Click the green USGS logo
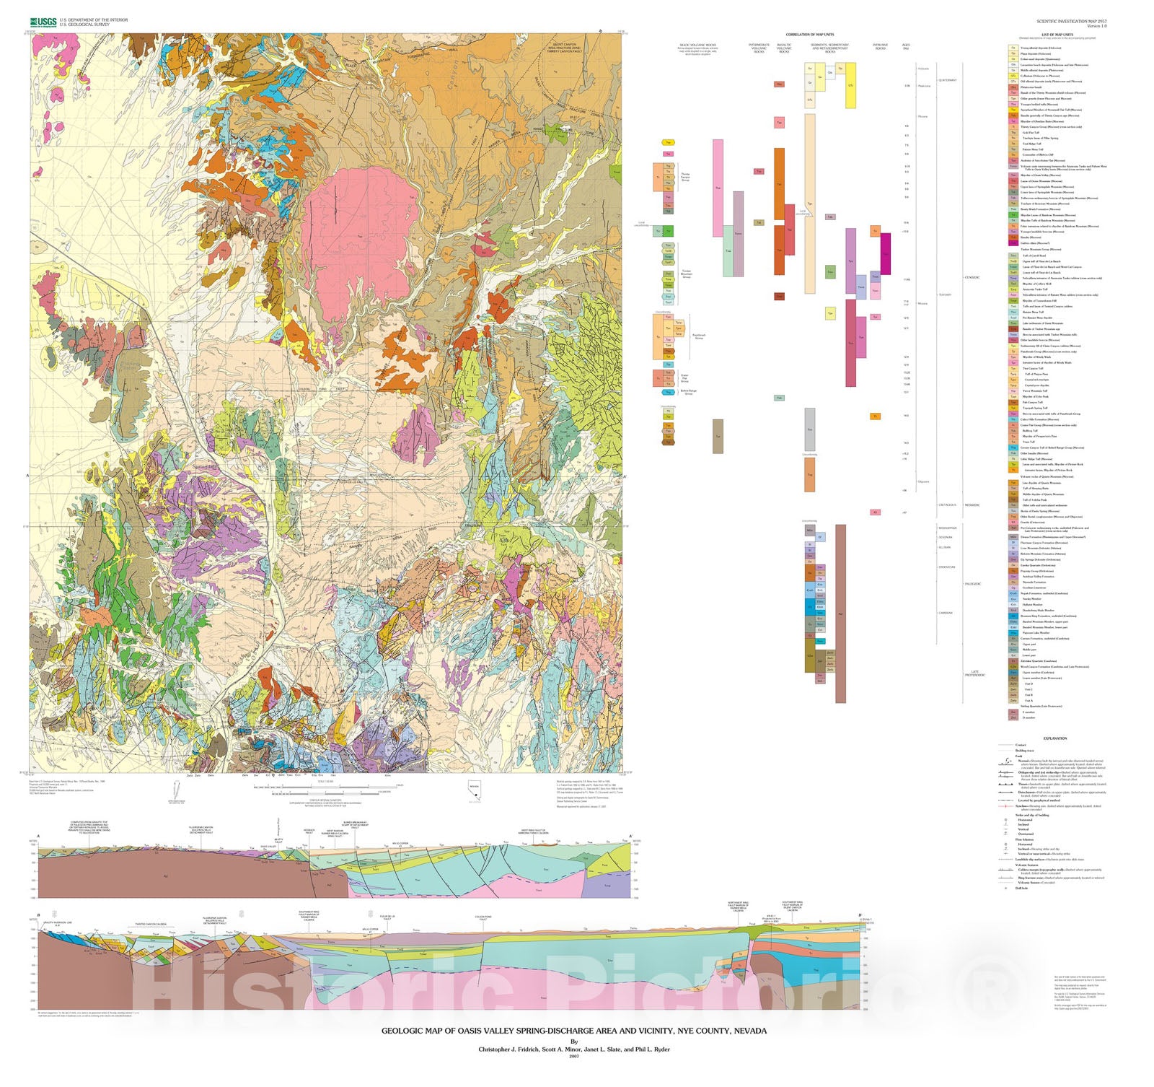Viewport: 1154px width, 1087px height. coord(43,22)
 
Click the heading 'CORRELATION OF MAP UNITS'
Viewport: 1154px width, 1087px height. coord(809,35)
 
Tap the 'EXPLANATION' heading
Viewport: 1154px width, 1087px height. coord(1054,738)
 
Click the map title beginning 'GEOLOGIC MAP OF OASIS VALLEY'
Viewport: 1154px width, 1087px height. coord(573,1031)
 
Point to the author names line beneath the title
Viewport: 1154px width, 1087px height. coord(573,1049)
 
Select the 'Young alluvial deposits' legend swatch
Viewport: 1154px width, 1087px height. coord(1013,48)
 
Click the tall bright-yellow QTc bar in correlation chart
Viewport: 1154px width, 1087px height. coord(850,85)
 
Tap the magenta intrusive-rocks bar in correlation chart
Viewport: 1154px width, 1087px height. coord(885,253)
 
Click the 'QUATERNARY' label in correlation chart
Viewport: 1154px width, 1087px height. coord(947,80)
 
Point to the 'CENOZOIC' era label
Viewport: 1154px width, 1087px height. coord(972,278)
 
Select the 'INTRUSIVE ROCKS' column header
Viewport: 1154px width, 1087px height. coord(880,47)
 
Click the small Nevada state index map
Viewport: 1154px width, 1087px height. coord(474,788)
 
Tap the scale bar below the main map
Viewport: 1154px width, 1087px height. coord(339,787)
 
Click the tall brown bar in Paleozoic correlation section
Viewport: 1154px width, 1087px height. coord(840,614)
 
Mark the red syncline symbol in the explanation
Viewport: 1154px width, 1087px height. coord(1005,806)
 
